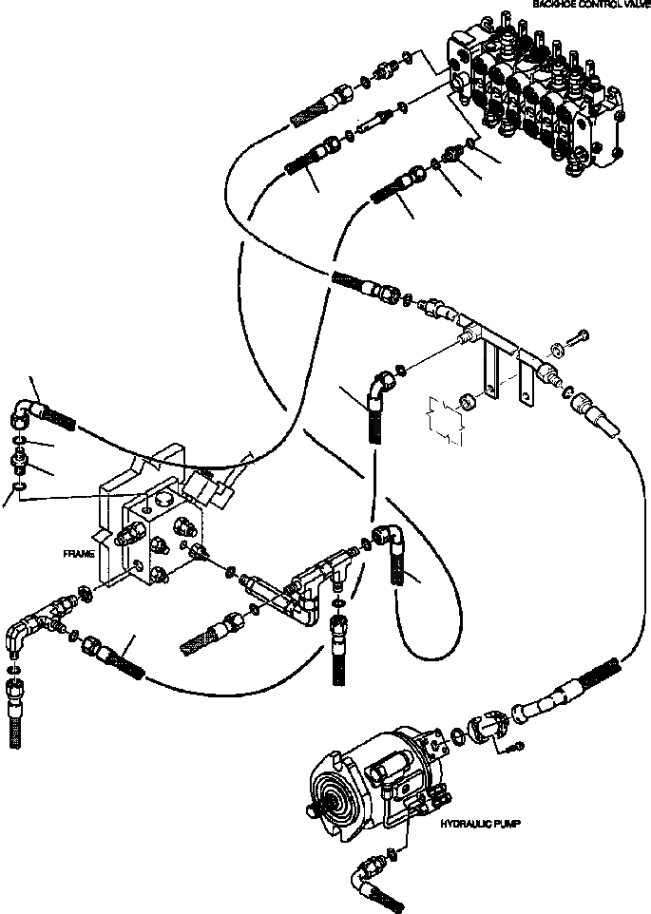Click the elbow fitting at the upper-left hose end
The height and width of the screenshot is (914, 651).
27,410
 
